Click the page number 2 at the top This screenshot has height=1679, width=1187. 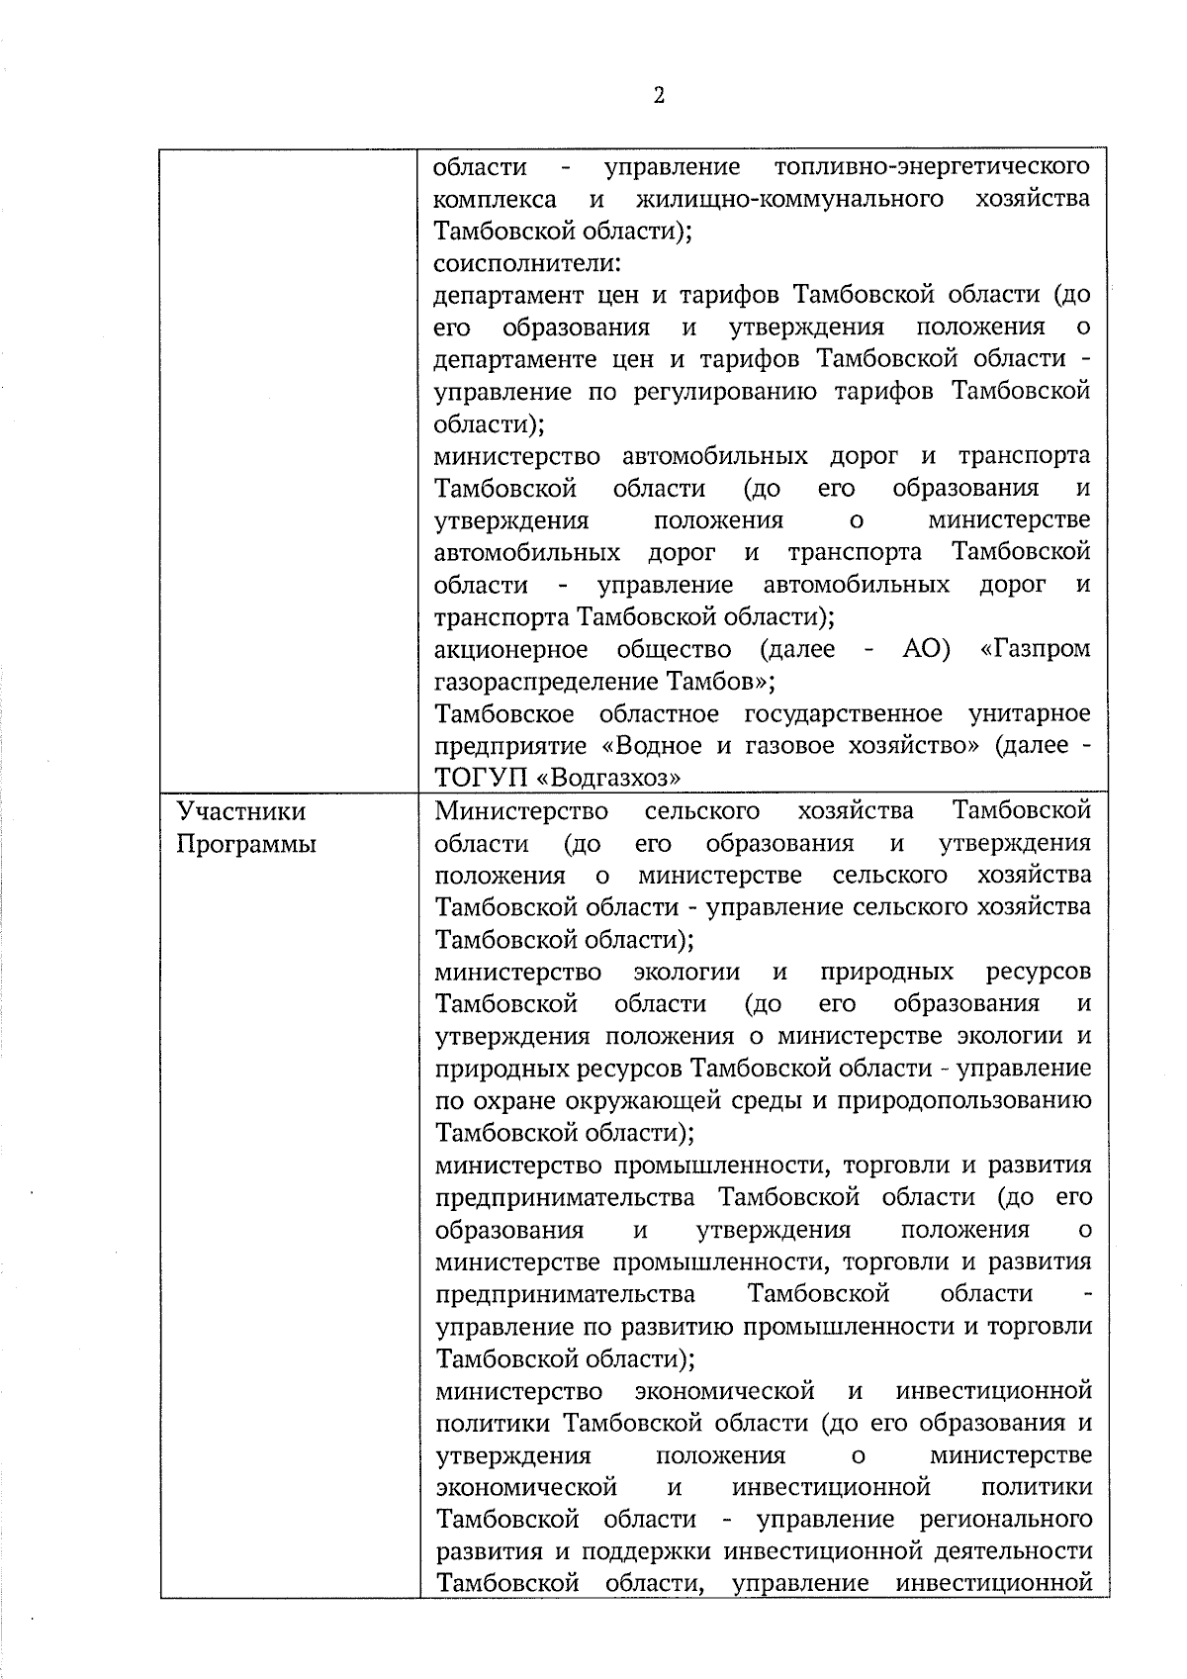(x=659, y=96)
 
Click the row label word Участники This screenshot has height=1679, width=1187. (x=241, y=812)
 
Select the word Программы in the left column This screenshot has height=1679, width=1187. (x=246, y=845)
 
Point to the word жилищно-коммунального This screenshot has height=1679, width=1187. (x=788, y=198)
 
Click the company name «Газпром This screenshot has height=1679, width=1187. (x=1034, y=649)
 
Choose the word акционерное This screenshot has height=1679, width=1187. (x=511, y=649)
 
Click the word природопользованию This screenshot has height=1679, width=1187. (x=964, y=1101)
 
